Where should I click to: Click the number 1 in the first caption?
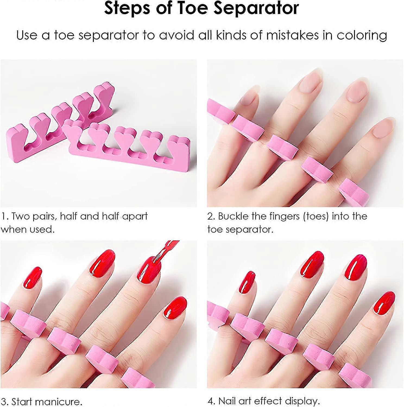[4, 216]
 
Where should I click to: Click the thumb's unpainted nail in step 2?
[382, 130]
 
